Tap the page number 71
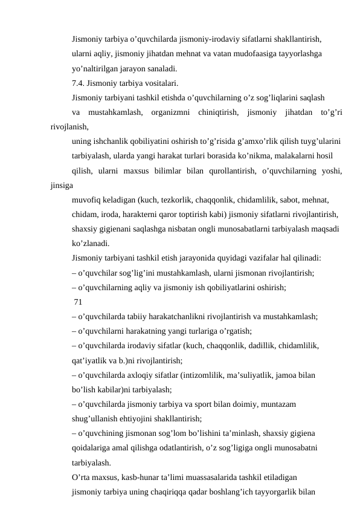pyautogui.click(x=79, y=302)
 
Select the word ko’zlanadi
pyautogui.click(x=90, y=244)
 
